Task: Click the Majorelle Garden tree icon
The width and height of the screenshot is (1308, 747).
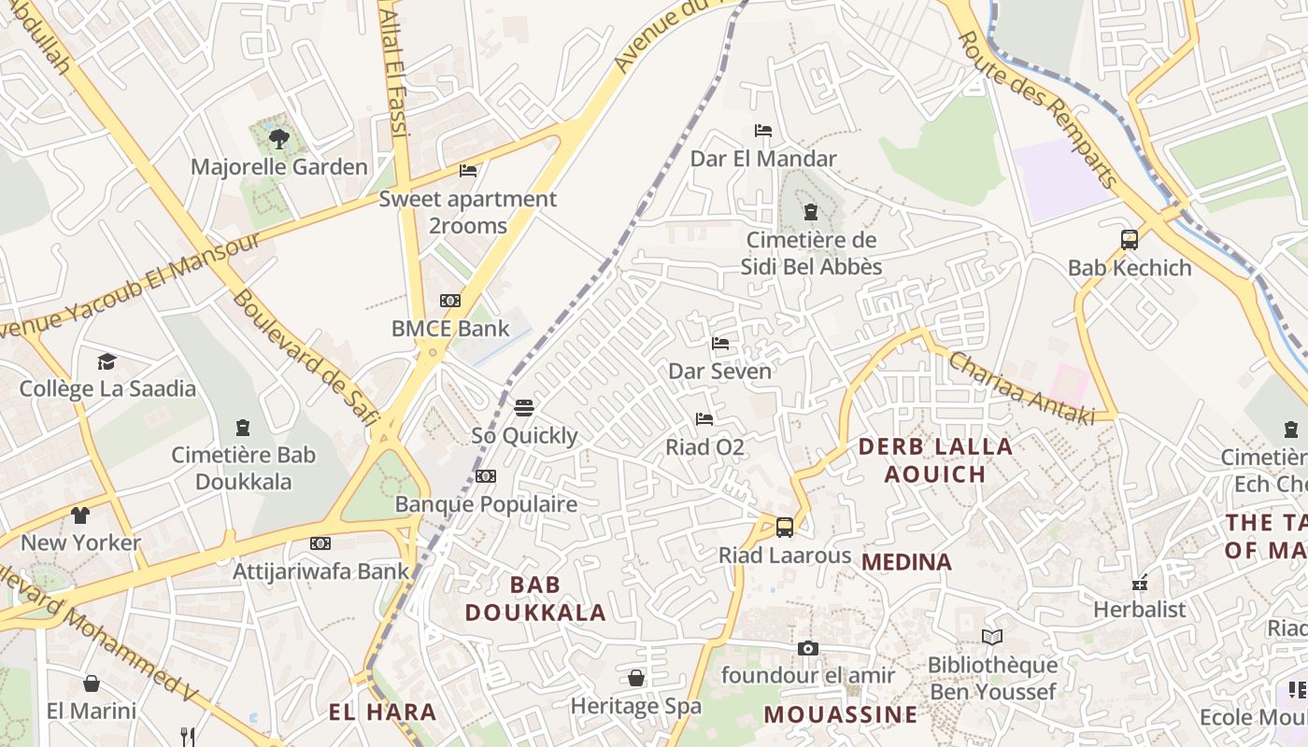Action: tap(278, 140)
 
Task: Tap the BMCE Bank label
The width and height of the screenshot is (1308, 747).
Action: tap(450, 329)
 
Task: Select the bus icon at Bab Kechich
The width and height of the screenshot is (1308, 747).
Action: tap(1130, 240)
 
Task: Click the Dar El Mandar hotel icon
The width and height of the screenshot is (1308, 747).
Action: tap(763, 131)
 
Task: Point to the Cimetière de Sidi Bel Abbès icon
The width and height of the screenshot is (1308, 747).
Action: tap(811, 212)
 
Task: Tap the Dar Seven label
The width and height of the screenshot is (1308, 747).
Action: tap(719, 372)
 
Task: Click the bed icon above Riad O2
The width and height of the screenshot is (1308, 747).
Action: tap(704, 419)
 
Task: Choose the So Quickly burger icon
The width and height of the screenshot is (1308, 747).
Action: tap(524, 408)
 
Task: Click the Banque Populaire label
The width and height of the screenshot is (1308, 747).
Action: tap(486, 504)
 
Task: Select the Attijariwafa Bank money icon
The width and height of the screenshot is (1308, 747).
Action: tap(320, 543)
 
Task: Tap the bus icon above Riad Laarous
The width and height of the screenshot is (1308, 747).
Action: tap(785, 527)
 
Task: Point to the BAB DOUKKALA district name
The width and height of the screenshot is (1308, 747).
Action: tap(535, 599)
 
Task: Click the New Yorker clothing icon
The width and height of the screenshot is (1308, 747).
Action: tap(80, 514)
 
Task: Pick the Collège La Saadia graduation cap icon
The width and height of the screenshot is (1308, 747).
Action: tap(107, 361)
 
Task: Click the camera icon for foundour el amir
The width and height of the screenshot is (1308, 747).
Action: tap(808, 648)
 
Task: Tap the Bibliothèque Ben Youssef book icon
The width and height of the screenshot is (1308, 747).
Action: tap(992, 637)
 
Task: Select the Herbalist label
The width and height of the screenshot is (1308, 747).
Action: tap(1139, 610)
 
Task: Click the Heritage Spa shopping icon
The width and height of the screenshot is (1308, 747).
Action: tap(636, 677)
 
